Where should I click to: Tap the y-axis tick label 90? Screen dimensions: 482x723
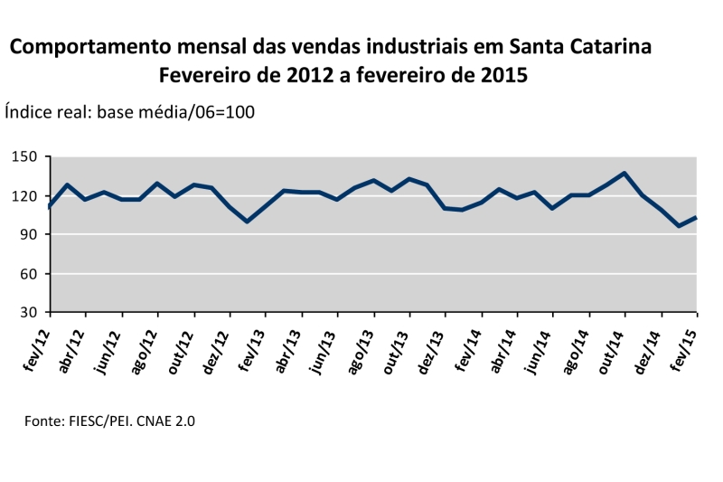point(30,235)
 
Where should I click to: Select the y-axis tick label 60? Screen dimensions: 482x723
point(30,274)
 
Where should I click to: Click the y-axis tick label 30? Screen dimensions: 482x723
point(30,313)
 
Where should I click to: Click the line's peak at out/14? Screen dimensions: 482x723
point(624,173)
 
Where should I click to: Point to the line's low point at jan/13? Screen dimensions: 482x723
point(247,221)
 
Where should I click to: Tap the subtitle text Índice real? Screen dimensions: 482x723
point(46,112)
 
